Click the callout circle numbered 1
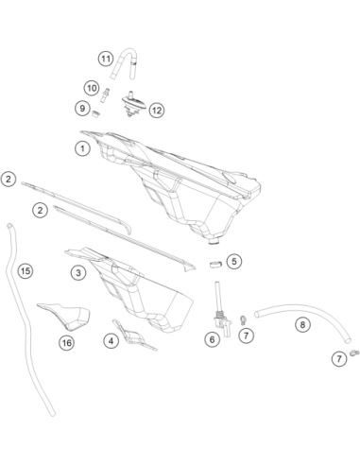coord(82,148)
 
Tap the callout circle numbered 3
coord(78,272)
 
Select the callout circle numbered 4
coord(111,341)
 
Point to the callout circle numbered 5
coord(234,261)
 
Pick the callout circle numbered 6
coord(212,339)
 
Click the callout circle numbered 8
coord(302,324)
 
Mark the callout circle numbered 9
coord(82,109)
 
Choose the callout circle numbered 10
coord(92,88)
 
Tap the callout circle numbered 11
coord(106,59)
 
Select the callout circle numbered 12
coord(157,111)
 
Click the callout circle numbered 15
coord(26,270)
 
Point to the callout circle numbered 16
coord(67,342)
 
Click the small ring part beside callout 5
coord(215,264)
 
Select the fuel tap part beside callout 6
coord(221,319)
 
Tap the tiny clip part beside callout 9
coord(95,113)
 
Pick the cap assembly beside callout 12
coord(133,103)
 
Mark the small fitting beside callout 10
coord(105,95)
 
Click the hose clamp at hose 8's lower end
coord(354,353)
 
